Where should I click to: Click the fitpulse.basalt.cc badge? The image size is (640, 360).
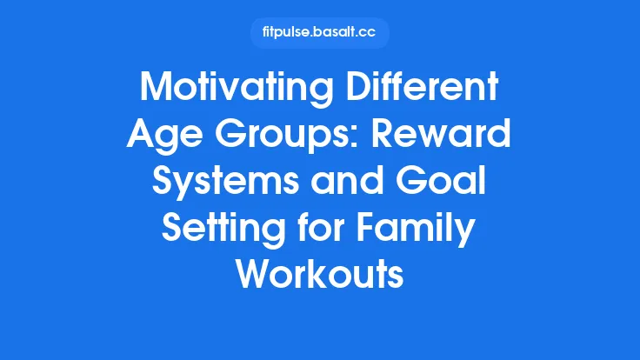coord(320,33)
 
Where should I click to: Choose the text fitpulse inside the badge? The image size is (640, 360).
coord(288,33)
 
